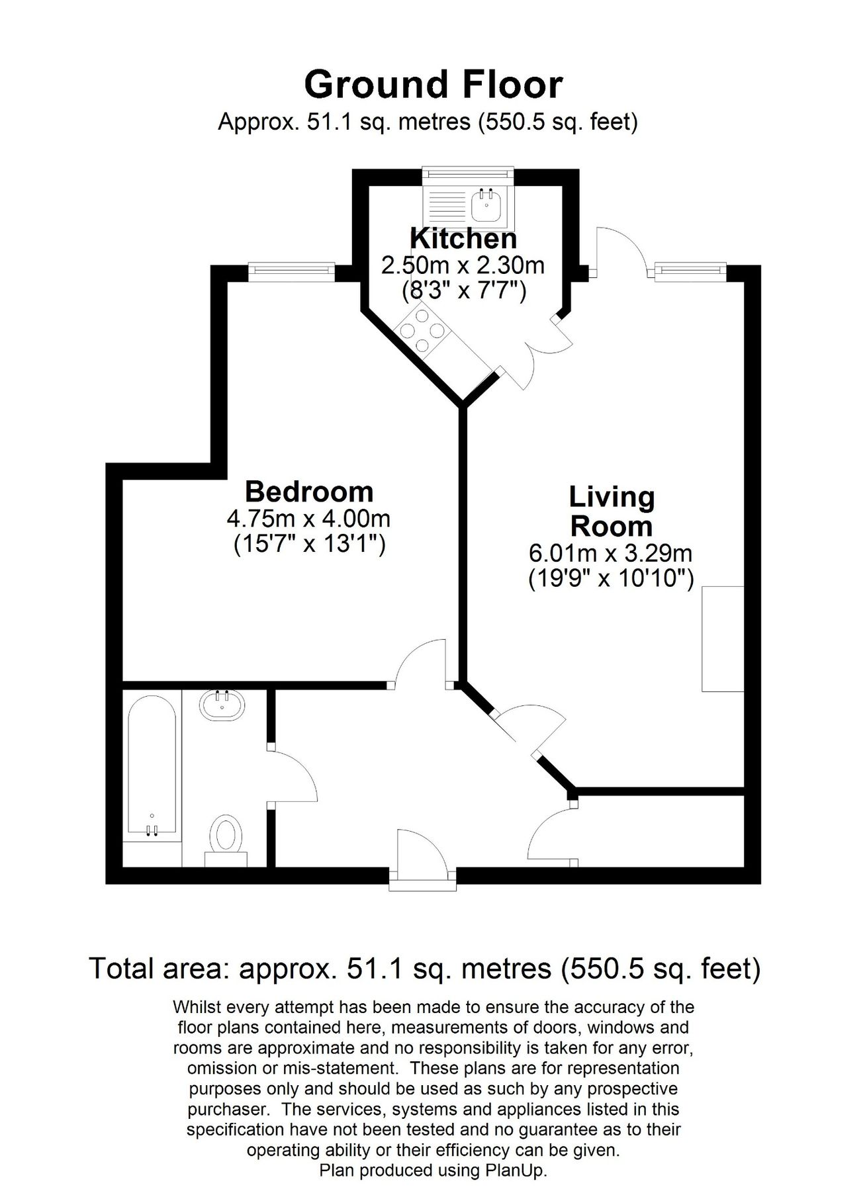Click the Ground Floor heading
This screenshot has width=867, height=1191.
[x=433, y=85]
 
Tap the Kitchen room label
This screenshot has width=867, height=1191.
[x=463, y=238]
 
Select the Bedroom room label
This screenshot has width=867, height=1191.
[x=309, y=492]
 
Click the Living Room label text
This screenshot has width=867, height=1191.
[x=612, y=511]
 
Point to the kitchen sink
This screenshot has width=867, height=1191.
[x=468, y=202]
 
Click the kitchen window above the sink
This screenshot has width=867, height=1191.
[x=468, y=173]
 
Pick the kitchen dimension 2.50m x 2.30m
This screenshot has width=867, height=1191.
[x=463, y=266]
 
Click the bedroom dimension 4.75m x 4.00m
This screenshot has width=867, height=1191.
[x=308, y=519]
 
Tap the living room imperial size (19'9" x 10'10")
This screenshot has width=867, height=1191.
[x=610, y=580]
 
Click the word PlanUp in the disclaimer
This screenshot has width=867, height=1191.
[x=519, y=1170]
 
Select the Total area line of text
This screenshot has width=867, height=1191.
[x=424, y=969]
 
